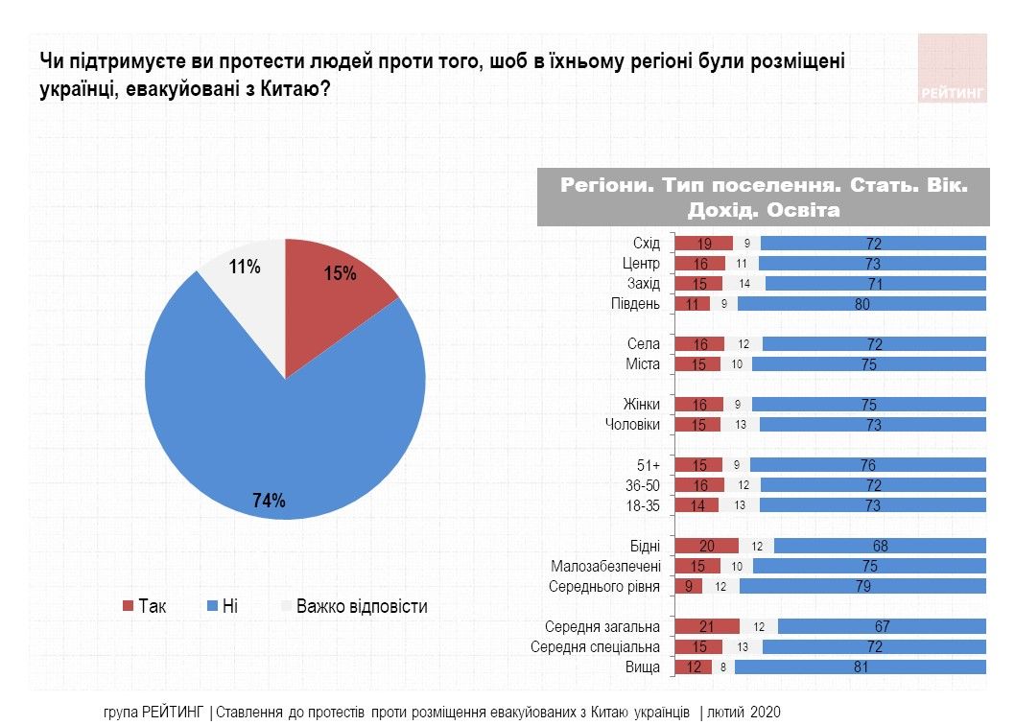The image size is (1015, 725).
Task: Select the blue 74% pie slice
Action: (x=278, y=432)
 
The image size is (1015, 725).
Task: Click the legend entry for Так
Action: (x=145, y=606)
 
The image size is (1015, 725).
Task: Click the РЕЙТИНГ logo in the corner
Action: (x=952, y=69)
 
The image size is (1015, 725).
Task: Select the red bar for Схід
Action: (x=703, y=244)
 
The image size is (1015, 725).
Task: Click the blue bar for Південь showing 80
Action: (x=861, y=304)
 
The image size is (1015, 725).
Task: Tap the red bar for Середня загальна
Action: (x=706, y=627)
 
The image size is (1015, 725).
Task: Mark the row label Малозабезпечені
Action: (x=605, y=566)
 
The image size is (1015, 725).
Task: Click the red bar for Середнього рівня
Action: (x=689, y=586)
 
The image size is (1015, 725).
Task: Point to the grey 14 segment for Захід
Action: (x=745, y=284)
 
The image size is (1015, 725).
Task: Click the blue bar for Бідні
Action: (x=879, y=546)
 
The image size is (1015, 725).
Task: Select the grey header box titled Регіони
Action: (x=764, y=197)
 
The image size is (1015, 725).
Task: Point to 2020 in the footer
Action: (x=766, y=713)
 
